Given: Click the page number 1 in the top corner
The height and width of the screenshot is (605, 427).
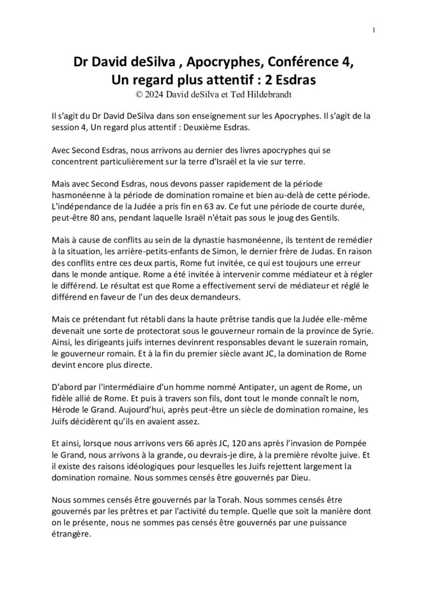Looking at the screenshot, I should tap(375, 30).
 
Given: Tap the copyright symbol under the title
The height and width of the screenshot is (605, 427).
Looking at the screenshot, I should tap(139, 93).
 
